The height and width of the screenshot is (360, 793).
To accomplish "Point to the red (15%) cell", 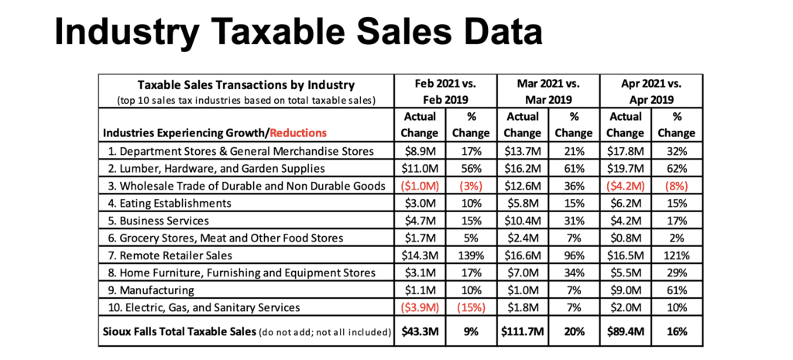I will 471,309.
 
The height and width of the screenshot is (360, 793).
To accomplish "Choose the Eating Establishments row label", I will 166,203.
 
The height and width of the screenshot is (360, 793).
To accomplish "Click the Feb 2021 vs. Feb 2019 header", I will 445,92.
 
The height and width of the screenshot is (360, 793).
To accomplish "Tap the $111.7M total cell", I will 523,333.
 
